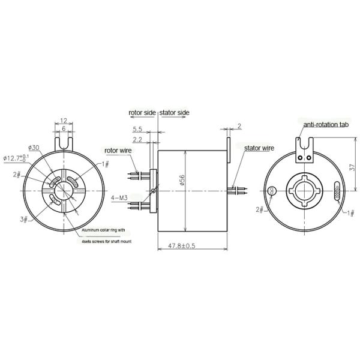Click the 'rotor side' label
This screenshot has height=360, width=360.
pyautogui.click(x=143, y=112)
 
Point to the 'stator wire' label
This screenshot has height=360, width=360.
pyautogui.click(x=259, y=146)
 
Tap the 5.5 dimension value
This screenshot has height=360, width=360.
pyautogui.click(x=137, y=129)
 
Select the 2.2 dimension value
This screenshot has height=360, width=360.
pyautogui.click(x=137, y=140)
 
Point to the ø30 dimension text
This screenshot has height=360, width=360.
pyautogui.click(x=34, y=148)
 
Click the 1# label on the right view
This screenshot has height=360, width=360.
pyautogui.click(x=351, y=212)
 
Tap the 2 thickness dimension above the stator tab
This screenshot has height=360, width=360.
pyautogui.click(x=238, y=127)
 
